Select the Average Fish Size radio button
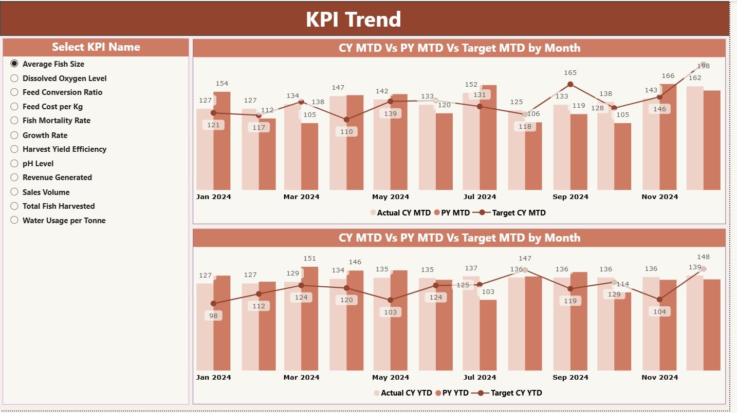tap(14, 64)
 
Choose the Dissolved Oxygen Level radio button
tap(14, 78)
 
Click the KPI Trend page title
tap(353, 19)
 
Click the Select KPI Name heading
tap(96, 47)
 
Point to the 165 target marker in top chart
tap(570, 84)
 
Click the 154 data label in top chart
tap(222, 84)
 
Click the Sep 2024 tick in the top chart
tap(570, 197)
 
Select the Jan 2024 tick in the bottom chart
tap(213, 378)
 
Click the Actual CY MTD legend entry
tap(403, 213)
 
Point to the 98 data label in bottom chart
tap(213, 316)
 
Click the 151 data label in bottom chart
tap(309, 259)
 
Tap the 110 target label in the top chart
tap(347, 132)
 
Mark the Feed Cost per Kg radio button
tap(14, 107)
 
